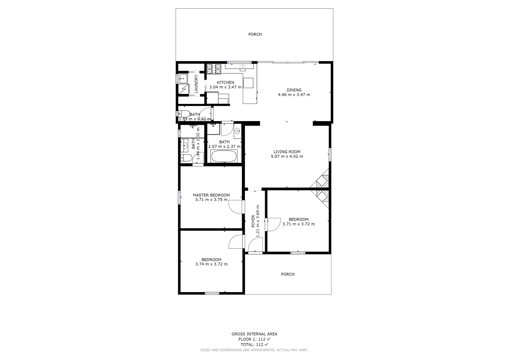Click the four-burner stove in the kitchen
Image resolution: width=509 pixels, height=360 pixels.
click(x=214, y=69)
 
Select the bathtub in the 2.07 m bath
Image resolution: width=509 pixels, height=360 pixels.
click(x=224, y=156)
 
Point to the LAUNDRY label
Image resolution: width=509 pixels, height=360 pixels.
click(x=196, y=84)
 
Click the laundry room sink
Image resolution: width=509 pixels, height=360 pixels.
click(x=183, y=79)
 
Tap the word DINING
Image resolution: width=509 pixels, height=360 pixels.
click(x=294, y=90)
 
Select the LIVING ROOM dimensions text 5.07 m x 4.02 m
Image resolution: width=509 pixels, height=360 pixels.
click(x=287, y=156)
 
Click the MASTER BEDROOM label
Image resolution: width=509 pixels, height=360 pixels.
click(x=211, y=195)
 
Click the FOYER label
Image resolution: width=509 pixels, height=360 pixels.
click(x=253, y=221)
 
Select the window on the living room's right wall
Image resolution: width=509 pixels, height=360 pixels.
click(x=330, y=155)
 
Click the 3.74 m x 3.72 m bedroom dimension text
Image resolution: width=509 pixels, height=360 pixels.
click(x=212, y=264)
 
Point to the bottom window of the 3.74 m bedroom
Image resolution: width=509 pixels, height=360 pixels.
click(x=212, y=293)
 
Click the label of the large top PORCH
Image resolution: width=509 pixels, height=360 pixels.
click(x=255, y=34)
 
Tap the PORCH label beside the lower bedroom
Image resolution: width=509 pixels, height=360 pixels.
click(x=288, y=274)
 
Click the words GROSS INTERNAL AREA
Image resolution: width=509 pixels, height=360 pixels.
click(x=254, y=334)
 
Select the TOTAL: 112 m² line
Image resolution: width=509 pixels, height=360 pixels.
click(x=254, y=345)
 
